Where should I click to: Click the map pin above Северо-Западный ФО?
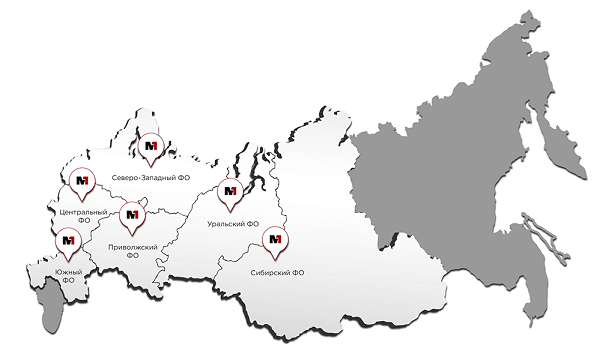[x=152, y=148]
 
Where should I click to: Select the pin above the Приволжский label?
[x=132, y=214]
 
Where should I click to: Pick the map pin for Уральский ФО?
[x=230, y=192]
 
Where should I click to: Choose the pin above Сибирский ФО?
[x=274, y=241]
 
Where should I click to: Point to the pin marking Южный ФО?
[x=69, y=241]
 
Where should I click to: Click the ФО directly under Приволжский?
[x=132, y=255]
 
